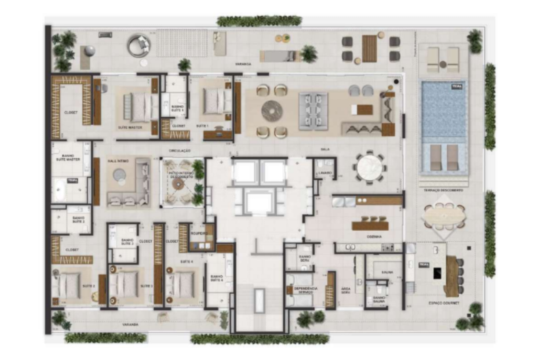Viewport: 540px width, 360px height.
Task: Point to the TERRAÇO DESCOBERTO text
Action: [x=443, y=189]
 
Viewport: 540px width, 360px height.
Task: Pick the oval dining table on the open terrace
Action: [x=443, y=215]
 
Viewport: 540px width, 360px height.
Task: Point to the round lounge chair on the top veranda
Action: [x=139, y=45]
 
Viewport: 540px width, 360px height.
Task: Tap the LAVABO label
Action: [x=325, y=173]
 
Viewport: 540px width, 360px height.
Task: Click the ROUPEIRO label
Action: [x=199, y=233]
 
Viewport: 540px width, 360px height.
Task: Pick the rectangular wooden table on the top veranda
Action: [x=369, y=48]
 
